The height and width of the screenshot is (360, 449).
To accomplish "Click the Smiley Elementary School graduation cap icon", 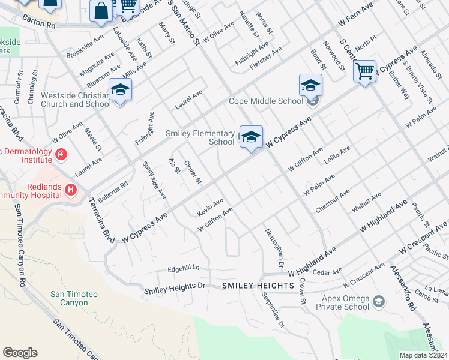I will click(x=251, y=136).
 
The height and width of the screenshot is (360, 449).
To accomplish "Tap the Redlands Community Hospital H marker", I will click(x=71, y=190).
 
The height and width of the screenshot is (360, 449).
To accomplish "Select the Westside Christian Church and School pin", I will click(x=120, y=90).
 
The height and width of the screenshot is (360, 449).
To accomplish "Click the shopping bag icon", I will click(x=101, y=10).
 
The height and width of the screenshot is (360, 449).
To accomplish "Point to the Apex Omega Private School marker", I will click(x=379, y=301).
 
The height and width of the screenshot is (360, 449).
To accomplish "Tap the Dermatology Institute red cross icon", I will click(x=60, y=155).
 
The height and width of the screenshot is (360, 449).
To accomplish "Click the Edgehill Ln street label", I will click(x=183, y=268).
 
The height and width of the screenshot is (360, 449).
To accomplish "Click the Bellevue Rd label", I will click(x=113, y=192).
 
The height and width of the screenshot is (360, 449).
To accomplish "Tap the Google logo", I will click(x=20, y=353).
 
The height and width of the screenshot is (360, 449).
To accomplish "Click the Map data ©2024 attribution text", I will click(x=423, y=355).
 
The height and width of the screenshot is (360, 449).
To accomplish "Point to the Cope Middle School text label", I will click(x=265, y=101).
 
